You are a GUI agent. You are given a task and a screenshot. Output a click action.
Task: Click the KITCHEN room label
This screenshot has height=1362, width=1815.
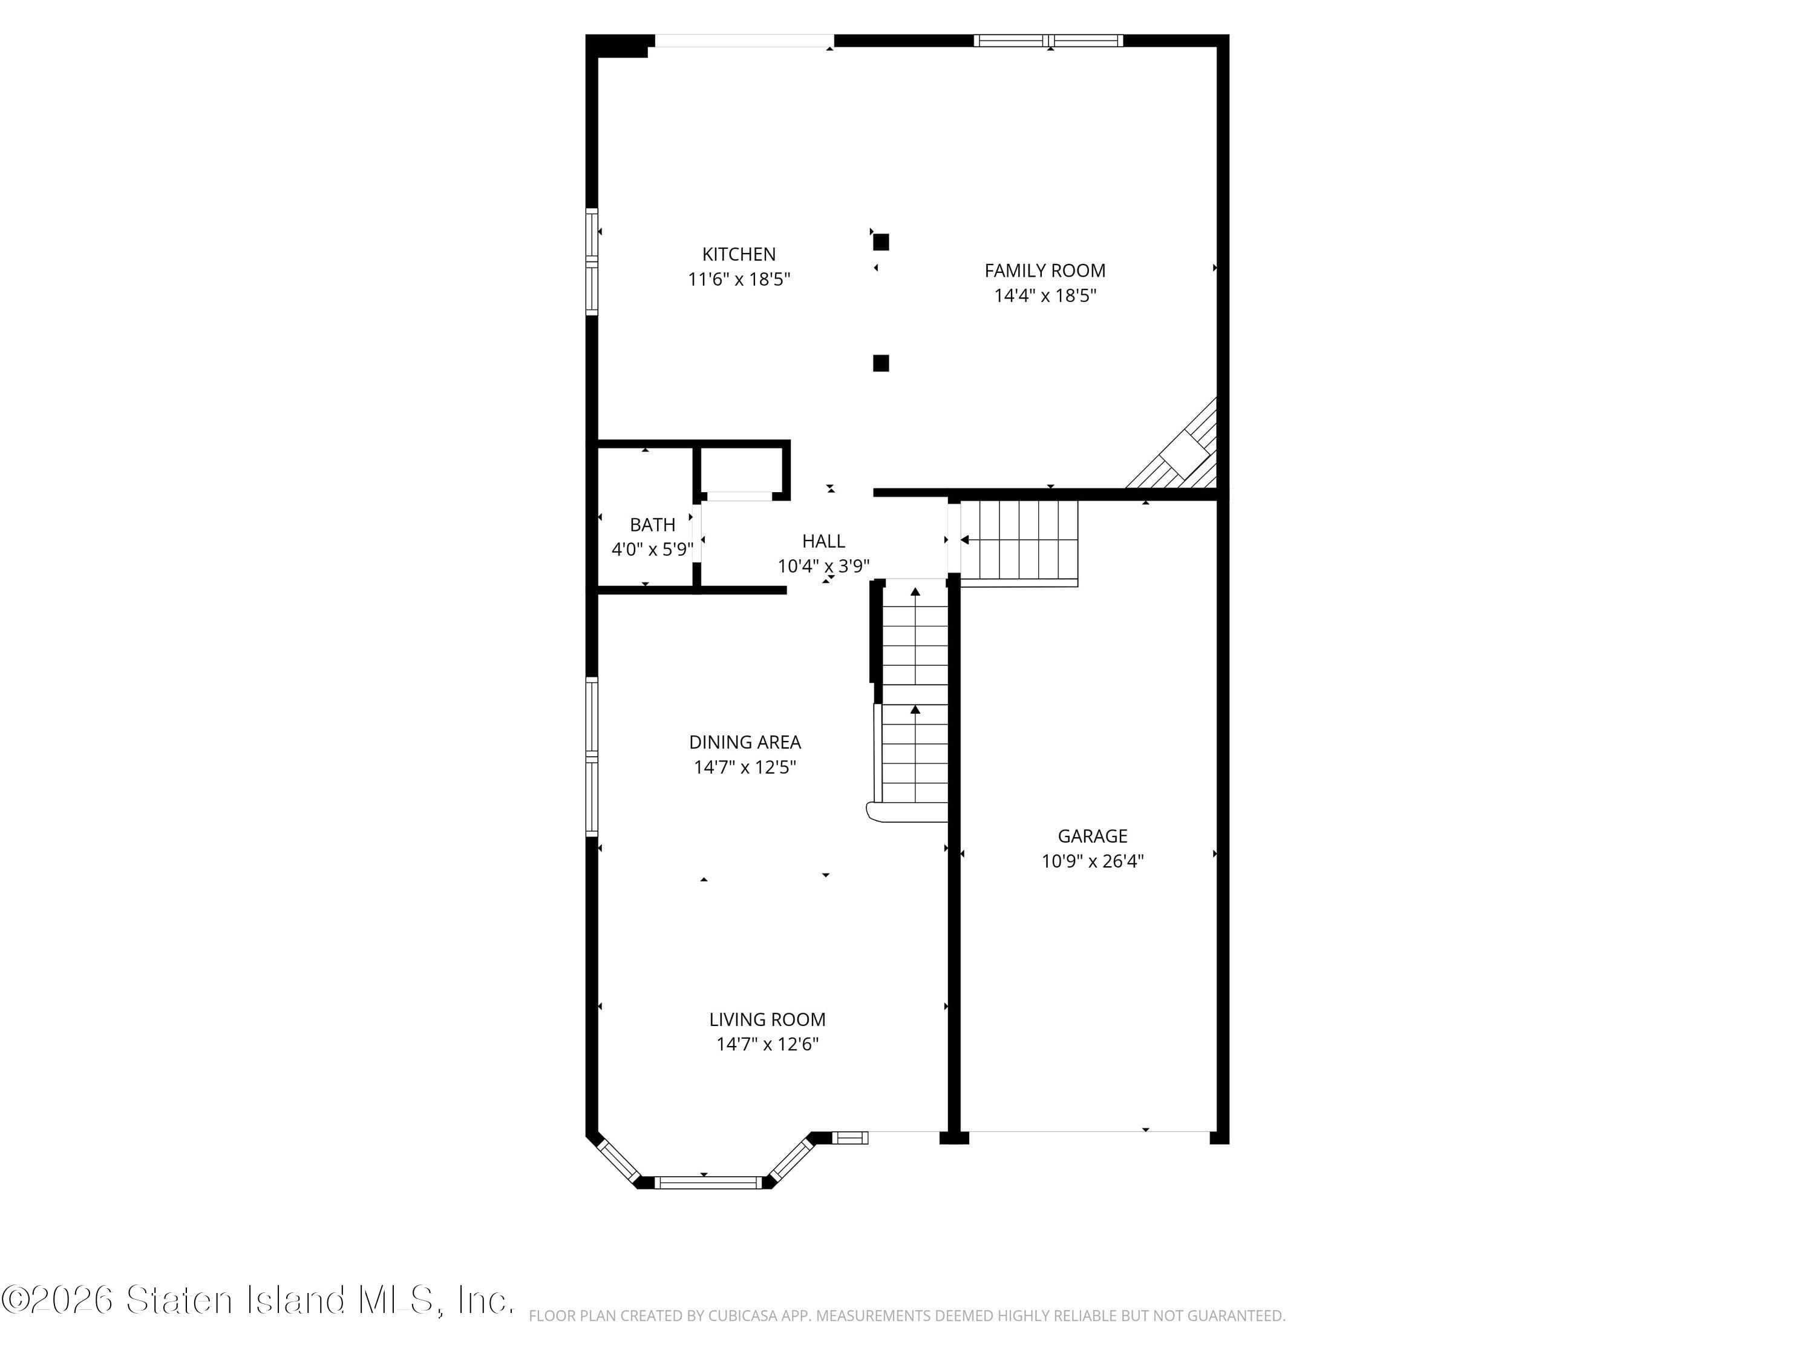(x=739, y=254)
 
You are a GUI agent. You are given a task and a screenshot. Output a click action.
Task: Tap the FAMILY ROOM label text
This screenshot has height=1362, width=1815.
(x=1044, y=271)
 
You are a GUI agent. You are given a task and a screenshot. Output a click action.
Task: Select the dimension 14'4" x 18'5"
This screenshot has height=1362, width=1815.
(x=1044, y=295)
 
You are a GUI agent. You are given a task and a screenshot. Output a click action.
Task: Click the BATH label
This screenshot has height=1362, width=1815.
(x=652, y=525)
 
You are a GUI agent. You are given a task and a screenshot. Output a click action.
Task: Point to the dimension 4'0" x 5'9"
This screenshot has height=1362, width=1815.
(x=652, y=549)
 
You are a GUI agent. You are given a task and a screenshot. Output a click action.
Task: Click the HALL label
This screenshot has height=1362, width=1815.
(x=823, y=541)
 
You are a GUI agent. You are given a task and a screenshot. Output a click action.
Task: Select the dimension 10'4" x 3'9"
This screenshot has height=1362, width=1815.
(x=823, y=565)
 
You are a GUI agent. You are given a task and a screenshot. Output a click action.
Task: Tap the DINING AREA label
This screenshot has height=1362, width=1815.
(x=744, y=742)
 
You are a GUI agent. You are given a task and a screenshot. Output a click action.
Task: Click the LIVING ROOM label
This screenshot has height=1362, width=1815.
(x=767, y=1019)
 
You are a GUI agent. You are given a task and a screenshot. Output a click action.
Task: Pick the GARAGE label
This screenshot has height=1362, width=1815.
(x=1092, y=836)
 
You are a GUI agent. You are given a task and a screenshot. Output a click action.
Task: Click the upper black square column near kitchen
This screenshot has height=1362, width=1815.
(x=880, y=242)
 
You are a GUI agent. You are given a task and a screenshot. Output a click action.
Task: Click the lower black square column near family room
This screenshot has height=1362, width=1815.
(x=880, y=363)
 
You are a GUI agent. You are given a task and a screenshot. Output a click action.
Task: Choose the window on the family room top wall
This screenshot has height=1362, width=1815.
(x=1048, y=40)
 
